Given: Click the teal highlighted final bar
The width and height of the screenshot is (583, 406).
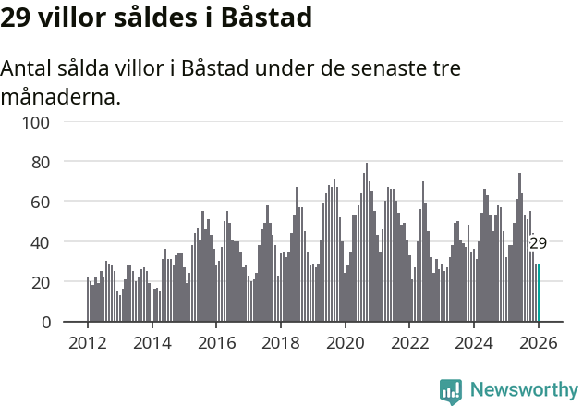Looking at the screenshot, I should pos(538,293).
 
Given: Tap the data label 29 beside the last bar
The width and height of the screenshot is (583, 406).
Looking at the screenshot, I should pos(538,244).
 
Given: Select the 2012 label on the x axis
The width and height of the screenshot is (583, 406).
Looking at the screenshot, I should pos(88,342).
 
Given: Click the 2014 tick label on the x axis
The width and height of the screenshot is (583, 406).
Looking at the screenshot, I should pos(152,342).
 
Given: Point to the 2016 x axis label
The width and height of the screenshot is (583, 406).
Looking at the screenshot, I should pos(216,342).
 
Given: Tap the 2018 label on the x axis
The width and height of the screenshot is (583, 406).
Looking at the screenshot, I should pos(281,342).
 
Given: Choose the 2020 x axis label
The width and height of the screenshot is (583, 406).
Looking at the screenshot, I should pos(345,342).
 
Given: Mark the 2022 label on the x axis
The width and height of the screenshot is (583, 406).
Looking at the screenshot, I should pos(409,342).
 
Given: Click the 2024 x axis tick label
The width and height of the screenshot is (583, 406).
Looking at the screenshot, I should pos(474,342).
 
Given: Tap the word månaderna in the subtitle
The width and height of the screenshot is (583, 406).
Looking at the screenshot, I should pos(61,96).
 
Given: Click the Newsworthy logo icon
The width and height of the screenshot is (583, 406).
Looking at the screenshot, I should pos(451,391).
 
